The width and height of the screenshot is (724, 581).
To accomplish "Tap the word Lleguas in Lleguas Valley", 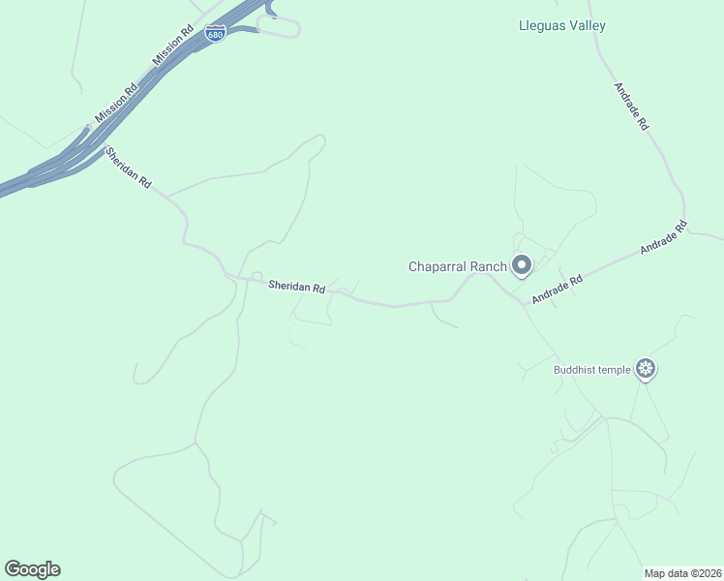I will [x=541, y=25].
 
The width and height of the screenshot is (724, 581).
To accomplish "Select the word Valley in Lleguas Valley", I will [x=587, y=25].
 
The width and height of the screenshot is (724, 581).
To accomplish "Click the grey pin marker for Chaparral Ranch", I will [x=522, y=264].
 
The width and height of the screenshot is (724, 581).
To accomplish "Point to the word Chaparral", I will [x=439, y=266].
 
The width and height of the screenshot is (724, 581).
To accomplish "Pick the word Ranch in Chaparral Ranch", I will [x=490, y=266].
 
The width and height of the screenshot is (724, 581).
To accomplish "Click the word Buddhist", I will [x=577, y=369].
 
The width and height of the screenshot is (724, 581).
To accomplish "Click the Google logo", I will [x=32, y=569].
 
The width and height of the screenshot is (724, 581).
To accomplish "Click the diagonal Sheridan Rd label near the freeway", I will [x=129, y=168].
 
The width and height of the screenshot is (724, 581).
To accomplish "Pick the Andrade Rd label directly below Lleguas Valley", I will [x=630, y=107].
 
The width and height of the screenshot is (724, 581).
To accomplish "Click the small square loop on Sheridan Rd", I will [x=256, y=277].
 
